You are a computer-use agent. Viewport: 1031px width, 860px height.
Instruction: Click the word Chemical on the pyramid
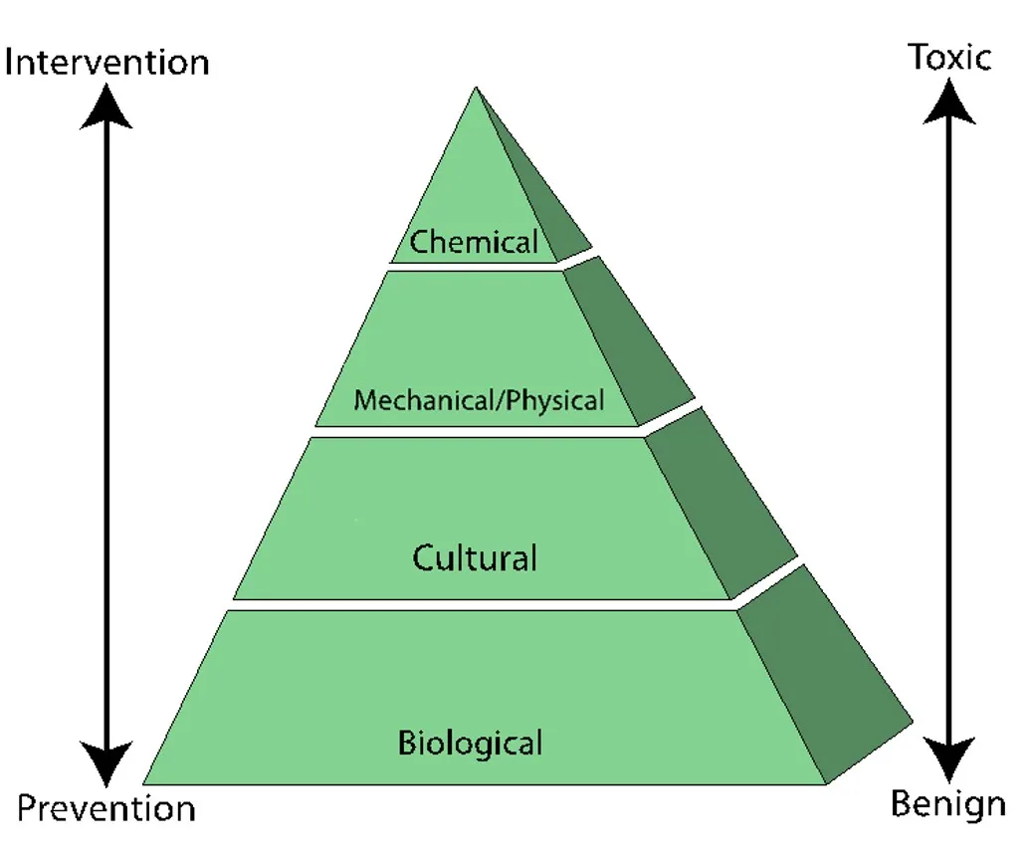pos(475,241)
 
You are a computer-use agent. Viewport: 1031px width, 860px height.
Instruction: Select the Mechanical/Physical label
pos(479,401)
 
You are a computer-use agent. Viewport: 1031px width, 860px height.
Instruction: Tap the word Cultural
pos(475,557)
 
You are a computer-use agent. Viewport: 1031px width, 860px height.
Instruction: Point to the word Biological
pos(471,743)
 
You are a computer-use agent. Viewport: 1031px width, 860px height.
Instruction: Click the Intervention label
pos(106,63)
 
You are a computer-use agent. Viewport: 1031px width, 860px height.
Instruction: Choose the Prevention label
pos(106,808)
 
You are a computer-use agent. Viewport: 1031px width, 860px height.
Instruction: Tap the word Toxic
pos(949,57)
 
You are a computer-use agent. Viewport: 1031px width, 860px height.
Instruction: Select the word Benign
pos(947,804)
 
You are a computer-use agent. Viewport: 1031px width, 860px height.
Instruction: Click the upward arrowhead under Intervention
pos(105,106)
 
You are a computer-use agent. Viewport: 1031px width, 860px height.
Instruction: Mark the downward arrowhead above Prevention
pos(105,764)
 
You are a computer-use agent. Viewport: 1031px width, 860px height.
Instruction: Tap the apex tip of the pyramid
pos(476,89)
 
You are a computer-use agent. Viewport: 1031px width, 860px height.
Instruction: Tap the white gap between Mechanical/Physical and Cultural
pos(478,431)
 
